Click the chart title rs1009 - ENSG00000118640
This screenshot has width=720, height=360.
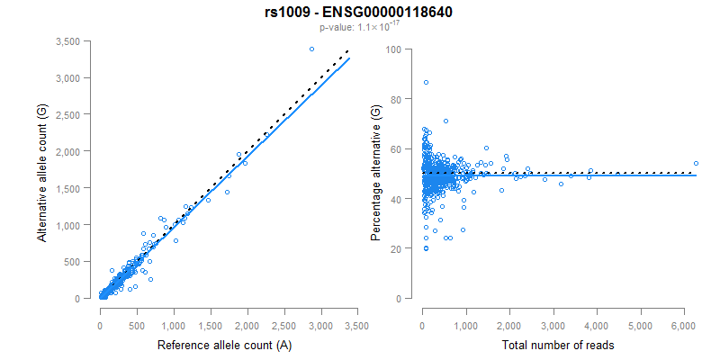tap(359, 13)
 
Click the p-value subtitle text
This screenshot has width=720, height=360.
tap(359, 28)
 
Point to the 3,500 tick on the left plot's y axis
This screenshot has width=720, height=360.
tap(73, 41)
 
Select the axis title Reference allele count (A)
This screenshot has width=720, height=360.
tap(224, 345)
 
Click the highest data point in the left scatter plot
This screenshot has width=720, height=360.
tap(311, 49)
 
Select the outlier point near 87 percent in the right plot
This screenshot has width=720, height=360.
tap(426, 82)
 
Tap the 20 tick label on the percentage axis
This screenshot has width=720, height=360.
tap(396, 248)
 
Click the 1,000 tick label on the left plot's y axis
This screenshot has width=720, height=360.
tap(73, 225)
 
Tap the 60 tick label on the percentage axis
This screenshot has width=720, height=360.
tap(396, 148)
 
